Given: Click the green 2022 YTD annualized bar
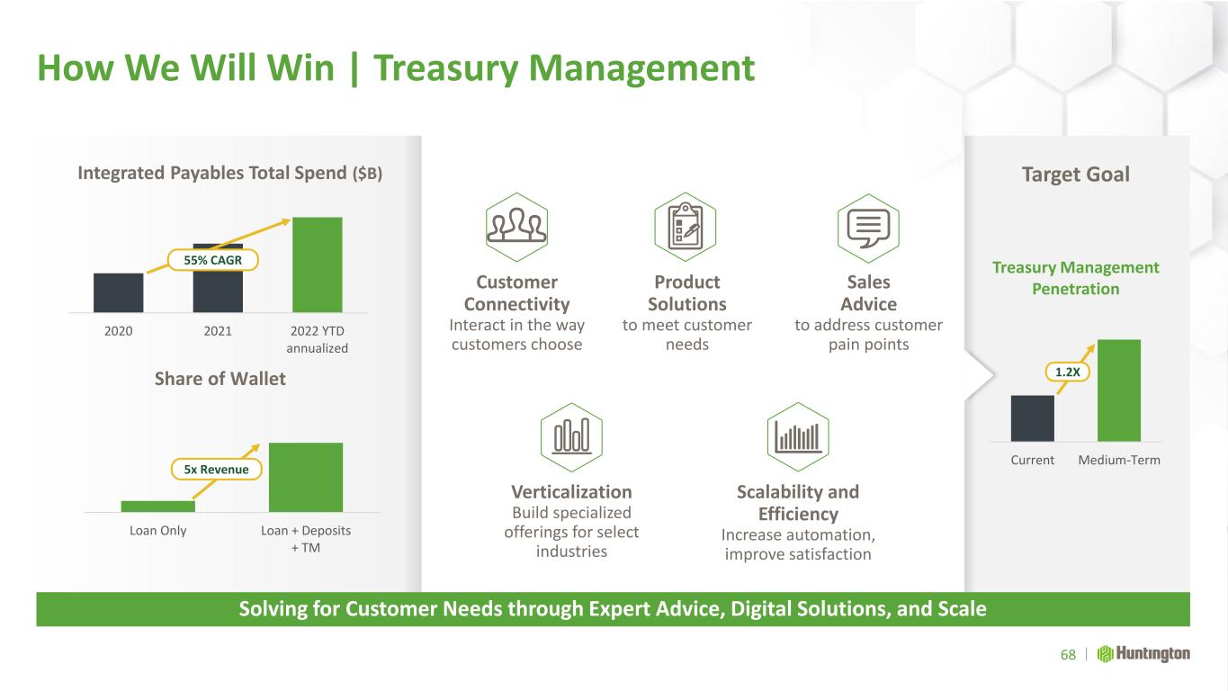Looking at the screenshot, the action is click(318, 265).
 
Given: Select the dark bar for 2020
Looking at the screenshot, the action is click(119, 292).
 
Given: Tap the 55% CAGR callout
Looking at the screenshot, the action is click(212, 260).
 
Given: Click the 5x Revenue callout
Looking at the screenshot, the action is click(216, 470).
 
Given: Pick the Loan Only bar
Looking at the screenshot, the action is click(158, 507).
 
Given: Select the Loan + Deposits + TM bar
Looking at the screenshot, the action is click(306, 477).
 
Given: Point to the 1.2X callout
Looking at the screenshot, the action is click(1067, 372).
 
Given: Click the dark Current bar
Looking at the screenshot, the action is click(1032, 417).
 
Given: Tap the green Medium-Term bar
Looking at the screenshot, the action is click(1119, 390).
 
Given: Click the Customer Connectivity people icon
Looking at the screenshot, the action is click(516, 227).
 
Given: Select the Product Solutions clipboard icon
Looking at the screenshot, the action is click(686, 227).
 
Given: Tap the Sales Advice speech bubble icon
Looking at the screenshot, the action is click(868, 228).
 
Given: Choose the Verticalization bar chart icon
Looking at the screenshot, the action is click(571, 437).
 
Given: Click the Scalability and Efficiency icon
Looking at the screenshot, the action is click(798, 437).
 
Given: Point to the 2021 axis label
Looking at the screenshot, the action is click(218, 331).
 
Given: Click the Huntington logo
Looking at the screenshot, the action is click(1143, 654).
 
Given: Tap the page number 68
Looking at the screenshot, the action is click(1068, 655).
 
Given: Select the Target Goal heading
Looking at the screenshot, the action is click(1076, 175).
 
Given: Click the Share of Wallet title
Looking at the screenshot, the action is click(220, 379).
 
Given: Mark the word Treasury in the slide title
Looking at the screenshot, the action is click(445, 69).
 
